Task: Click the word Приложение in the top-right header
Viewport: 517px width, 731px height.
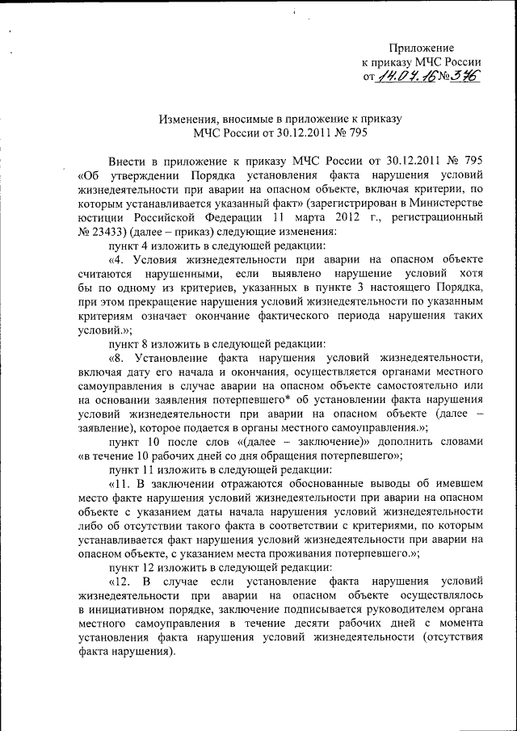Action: [422, 48]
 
